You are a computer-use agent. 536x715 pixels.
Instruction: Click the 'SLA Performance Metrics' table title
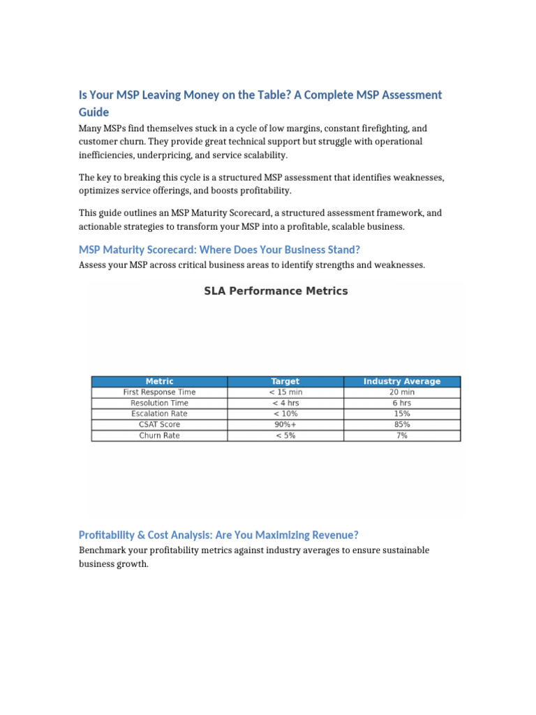276,291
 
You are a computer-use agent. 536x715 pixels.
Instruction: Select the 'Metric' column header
159,381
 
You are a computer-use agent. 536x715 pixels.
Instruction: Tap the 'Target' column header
285,381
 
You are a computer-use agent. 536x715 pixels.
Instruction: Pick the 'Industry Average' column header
402,381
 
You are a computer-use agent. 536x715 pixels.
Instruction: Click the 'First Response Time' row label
159,392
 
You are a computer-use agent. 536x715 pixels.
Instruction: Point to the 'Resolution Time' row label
159,403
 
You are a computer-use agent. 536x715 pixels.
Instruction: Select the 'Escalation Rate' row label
159,414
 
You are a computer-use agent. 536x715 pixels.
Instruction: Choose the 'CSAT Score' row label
159,425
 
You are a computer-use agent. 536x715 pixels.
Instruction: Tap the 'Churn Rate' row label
159,436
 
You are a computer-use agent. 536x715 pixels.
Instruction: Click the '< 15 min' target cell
285,392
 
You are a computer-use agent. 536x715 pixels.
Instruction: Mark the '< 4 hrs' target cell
285,403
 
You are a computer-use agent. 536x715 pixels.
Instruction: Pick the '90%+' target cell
285,425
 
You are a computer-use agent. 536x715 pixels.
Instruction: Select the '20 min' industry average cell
402,392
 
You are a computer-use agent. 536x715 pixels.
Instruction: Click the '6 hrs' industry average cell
402,403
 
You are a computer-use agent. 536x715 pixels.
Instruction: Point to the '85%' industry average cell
402,425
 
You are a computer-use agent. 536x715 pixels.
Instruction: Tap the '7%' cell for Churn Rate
402,436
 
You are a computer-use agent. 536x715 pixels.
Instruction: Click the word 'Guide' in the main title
94,112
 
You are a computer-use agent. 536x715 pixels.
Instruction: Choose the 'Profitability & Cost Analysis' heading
218,535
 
